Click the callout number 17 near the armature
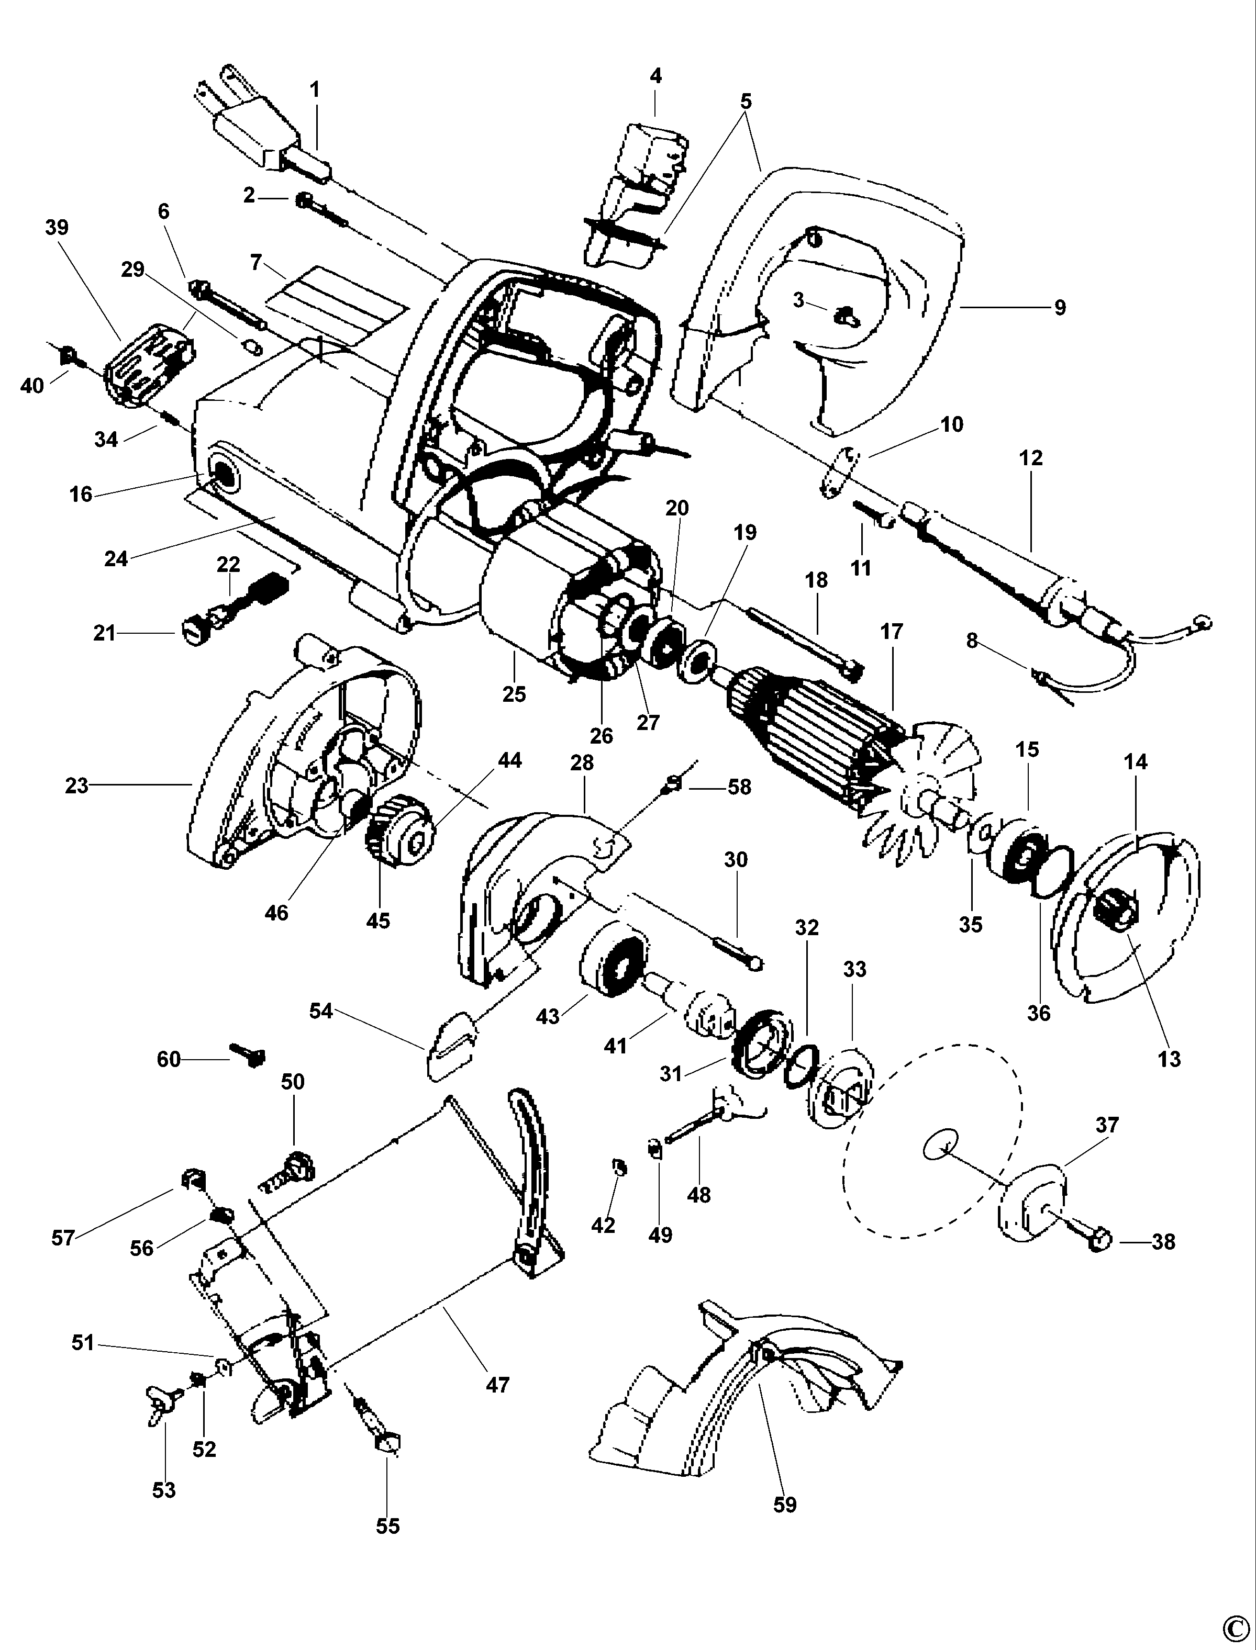click(x=891, y=632)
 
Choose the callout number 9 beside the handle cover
click(x=1059, y=308)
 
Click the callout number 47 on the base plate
click(x=497, y=1385)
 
